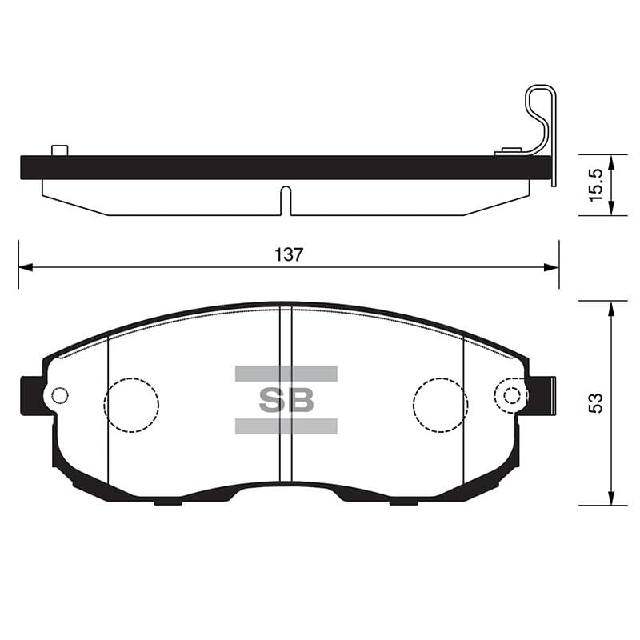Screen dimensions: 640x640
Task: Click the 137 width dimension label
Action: (x=289, y=255)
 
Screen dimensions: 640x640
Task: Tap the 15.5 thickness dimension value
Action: (x=596, y=185)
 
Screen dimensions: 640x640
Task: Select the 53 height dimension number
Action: (x=596, y=403)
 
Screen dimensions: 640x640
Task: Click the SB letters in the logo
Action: (x=286, y=400)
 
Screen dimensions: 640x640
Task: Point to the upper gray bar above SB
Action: (x=286, y=374)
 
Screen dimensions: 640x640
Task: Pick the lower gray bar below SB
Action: (x=286, y=426)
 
